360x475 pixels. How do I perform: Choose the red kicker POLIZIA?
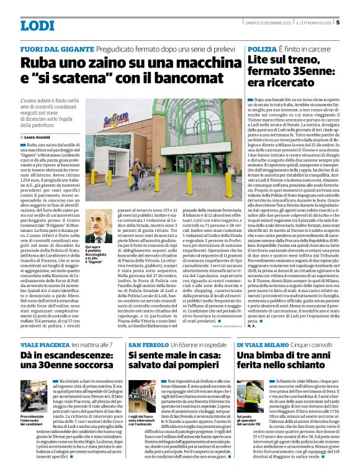point(261,48)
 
